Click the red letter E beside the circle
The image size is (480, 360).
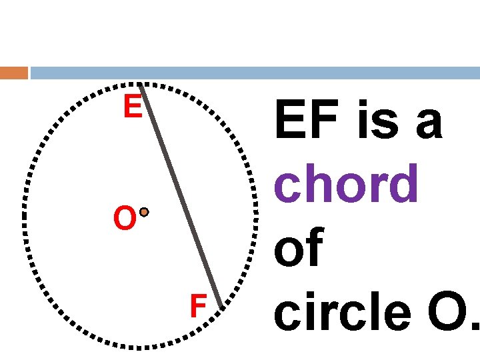click(x=132, y=107)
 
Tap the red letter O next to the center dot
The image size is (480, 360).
click(x=125, y=219)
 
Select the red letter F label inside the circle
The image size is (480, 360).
click(x=197, y=307)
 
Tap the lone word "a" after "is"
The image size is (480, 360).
click(x=427, y=125)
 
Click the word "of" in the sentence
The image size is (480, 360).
click(x=298, y=247)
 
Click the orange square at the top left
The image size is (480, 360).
click(x=14, y=73)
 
